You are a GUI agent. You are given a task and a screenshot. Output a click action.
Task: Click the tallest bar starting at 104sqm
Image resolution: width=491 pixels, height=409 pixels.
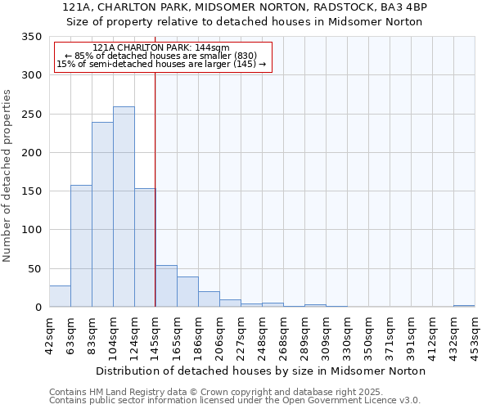pyautogui.click(x=124, y=207)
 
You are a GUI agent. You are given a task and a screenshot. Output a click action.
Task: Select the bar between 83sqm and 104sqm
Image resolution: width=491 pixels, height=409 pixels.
pyautogui.click(x=102, y=214)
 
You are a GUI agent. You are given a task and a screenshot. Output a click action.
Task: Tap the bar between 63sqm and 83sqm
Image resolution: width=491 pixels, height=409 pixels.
pyautogui.click(x=81, y=245)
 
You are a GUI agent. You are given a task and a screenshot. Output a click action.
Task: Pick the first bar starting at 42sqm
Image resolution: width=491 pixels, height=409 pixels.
pyautogui.click(x=60, y=296)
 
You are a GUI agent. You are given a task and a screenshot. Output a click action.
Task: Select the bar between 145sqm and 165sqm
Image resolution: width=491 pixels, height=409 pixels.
pyautogui.click(x=166, y=286)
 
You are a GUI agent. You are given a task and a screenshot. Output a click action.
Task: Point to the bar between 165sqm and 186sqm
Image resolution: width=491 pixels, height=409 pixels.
pyautogui.click(x=187, y=292)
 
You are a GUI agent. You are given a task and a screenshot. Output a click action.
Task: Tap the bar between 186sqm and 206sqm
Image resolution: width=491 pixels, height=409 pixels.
pyautogui.click(x=209, y=299)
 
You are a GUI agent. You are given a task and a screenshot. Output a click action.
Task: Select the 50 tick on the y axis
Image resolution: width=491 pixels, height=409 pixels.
pyautogui.click(x=34, y=268)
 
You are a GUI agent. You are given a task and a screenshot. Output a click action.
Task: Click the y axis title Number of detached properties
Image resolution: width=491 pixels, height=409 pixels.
pyautogui.click(x=7, y=175)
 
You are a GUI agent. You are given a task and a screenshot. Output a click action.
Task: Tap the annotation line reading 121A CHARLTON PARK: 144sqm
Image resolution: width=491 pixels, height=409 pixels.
pyautogui.click(x=161, y=48)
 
